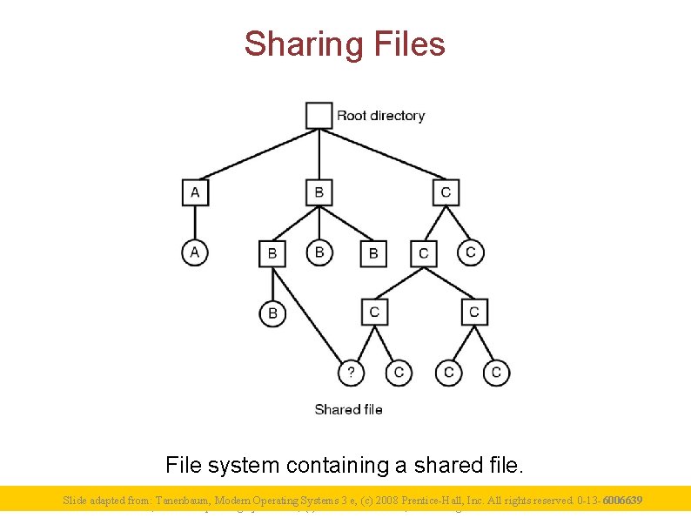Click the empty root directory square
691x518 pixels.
(319, 115)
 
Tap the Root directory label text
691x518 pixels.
(381, 116)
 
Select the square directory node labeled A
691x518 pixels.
(195, 192)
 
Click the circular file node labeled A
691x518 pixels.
(195, 252)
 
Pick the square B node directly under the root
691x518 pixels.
(319, 192)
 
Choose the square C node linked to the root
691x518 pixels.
(446, 192)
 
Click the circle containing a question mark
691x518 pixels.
(351, 373)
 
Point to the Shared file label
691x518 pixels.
(348, 409)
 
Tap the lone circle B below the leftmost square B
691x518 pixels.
(272, 313)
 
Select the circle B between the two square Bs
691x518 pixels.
(319, 252)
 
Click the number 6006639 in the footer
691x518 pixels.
(622, 501)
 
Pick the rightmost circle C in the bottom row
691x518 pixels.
(496, 373)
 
